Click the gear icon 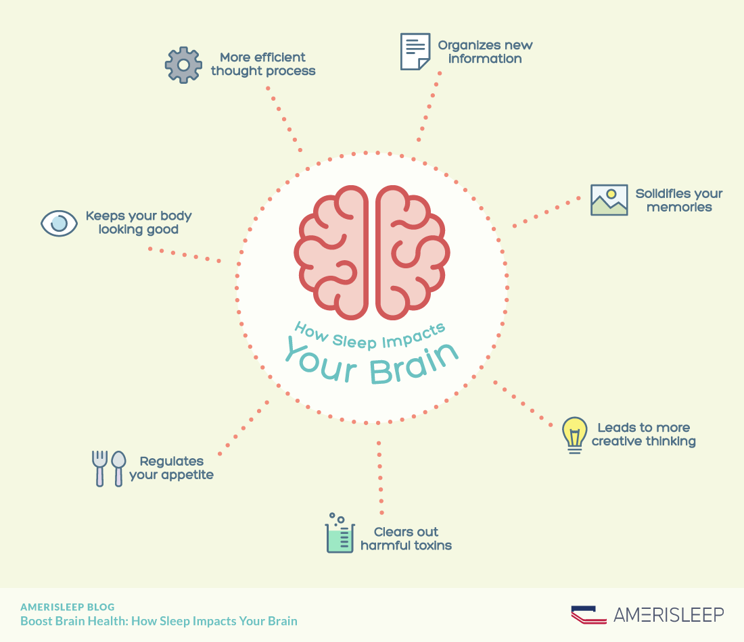point(183,65)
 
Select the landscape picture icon point(609,200)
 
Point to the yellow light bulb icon point(575,434)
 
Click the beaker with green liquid point(340,535)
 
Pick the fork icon point(99,468)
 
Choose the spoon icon point(119,468)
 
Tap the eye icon point(60,222)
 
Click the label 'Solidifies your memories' point(679,200)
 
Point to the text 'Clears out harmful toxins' point(406,539)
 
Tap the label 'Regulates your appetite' point(172,468)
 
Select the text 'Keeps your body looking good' point(139,222)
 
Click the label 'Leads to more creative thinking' point(643,434)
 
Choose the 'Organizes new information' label point(485,52)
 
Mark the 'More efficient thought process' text point(263,64)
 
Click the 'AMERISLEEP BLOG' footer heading point(68,607)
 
